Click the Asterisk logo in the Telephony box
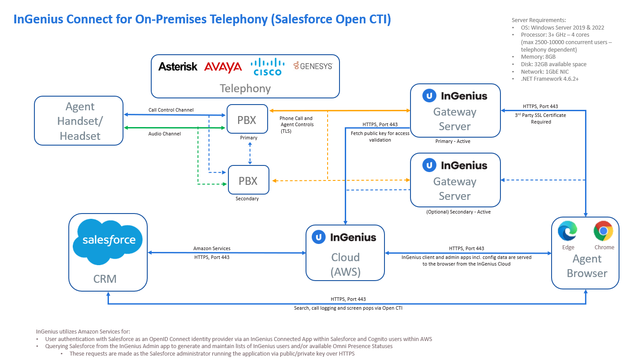[178, 67]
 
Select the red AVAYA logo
[223, 67]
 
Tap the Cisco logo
[267, 67]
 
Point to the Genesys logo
[313, 66]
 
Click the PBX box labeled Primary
[247, 119]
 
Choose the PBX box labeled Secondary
[248, 180]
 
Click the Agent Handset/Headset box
[79, 121]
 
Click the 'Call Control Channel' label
[171, 110]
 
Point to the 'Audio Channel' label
[164, 133]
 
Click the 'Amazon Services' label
[212, 249]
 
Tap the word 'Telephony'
[245, 89]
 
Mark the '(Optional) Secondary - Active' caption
[458, 212]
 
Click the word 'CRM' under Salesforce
[105, 279]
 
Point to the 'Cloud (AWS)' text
[345, 265]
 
